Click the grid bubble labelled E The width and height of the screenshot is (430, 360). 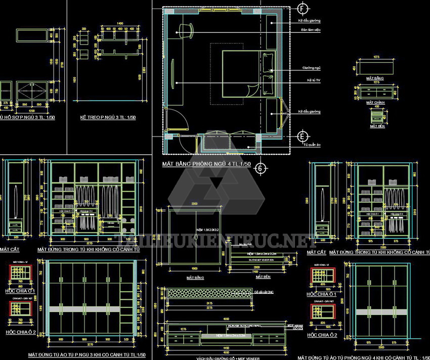coord(303,137)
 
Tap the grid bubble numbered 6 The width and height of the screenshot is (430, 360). coord(260,168)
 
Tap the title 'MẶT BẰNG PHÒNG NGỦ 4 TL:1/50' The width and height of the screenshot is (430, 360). coord(206,164)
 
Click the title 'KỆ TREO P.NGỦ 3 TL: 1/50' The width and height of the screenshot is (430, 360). coord(108,118)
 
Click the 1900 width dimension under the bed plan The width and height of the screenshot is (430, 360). coord(194,268)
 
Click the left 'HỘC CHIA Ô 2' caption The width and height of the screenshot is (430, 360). coord(21,332)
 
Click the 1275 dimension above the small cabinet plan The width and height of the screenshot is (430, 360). coord(376,57)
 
